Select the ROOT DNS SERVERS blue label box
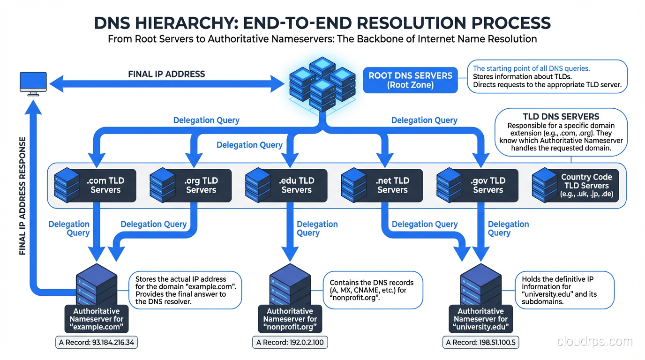pyautogui.click(x=410, y=80)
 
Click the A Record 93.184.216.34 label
pyautogui.click(x=97, y=343)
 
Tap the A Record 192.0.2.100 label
pyautogui.click(x=290, y=343)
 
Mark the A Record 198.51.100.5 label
pyautogui.click(x=480, y=343)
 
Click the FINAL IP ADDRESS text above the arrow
pyautogui.click(x=166, y=74)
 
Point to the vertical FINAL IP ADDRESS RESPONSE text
pyautogui.click(x=22, y=196)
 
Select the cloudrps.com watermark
pyautogui.click(x=594, y=342)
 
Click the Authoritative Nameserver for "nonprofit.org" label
pyautogui.click(x=290, y=319)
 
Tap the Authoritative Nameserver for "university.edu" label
pyautogui.click(x=480, y=319)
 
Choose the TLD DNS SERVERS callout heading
pyautogui.click(x=561, y=117)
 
